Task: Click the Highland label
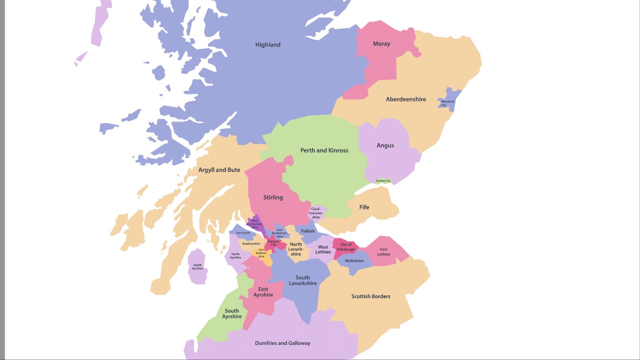coord(267,44)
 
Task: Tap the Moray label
coord(381,44)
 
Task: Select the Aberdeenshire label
coord(405,99)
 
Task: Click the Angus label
coord(385,145)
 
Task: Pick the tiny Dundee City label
coord(383,181)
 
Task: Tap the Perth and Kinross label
coord(324,150)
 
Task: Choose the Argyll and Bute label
coord(219,170)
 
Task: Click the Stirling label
coord(273,197)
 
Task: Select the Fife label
coord(364,207)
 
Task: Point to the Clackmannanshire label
coord(315,213)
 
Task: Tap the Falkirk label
coord(308,231)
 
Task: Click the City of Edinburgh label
coord(345,247)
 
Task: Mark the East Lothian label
coord(383,251)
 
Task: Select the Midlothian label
coord(354,260)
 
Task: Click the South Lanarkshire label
coord(302,280)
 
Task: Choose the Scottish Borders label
coord(370,296)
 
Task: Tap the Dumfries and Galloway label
coord(282,343)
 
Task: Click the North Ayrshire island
coord(197,267)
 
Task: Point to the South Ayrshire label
coord(231,313)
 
